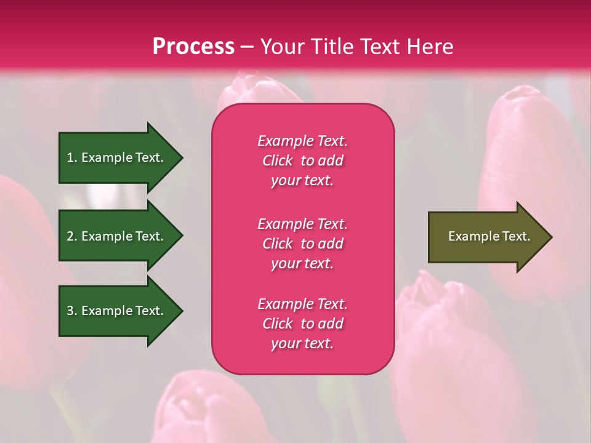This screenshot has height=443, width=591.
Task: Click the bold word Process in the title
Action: pyautogui.click(x=193, y=47)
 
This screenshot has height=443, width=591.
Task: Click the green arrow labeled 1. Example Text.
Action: pyautogui.click(x=117, y=158)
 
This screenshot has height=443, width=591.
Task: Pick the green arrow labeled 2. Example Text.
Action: pyautogui.click(x=117, y=236)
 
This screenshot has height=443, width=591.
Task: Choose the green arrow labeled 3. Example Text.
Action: pyautogui.click(x=117, y=311)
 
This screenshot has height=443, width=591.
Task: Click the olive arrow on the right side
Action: pyautogui.click(x=486, y=237)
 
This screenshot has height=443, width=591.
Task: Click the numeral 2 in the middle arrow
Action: pyautogui.click(x=70, y=236)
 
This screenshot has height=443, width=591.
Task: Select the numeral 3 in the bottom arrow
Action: pyautogui.click(x=70, y=311)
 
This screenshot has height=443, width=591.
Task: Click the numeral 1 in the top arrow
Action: pyautogui.click(x=70, y=158)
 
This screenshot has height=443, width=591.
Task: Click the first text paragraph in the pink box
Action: pyautogui.click(x=302, y=161)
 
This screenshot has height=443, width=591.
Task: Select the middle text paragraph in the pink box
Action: pyautogui.click(x=302, y=244)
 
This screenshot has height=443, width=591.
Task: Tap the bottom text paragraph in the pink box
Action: pyautogui.click(x=302, y=324)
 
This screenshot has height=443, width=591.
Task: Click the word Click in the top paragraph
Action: pyautogui.click(x=277, y=161)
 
